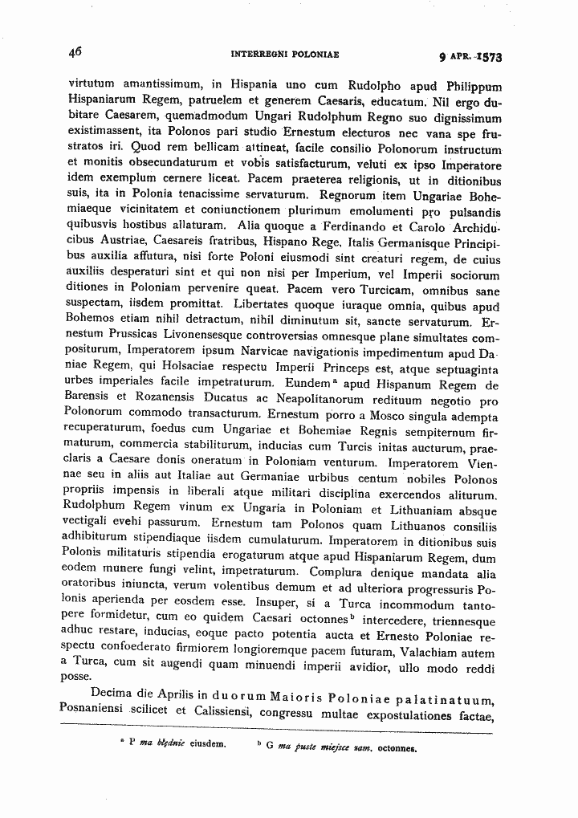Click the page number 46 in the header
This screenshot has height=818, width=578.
pyautogui.click(x=75, y=52)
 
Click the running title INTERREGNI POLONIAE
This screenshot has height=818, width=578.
pyautogui.click(x=284, y=55)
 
